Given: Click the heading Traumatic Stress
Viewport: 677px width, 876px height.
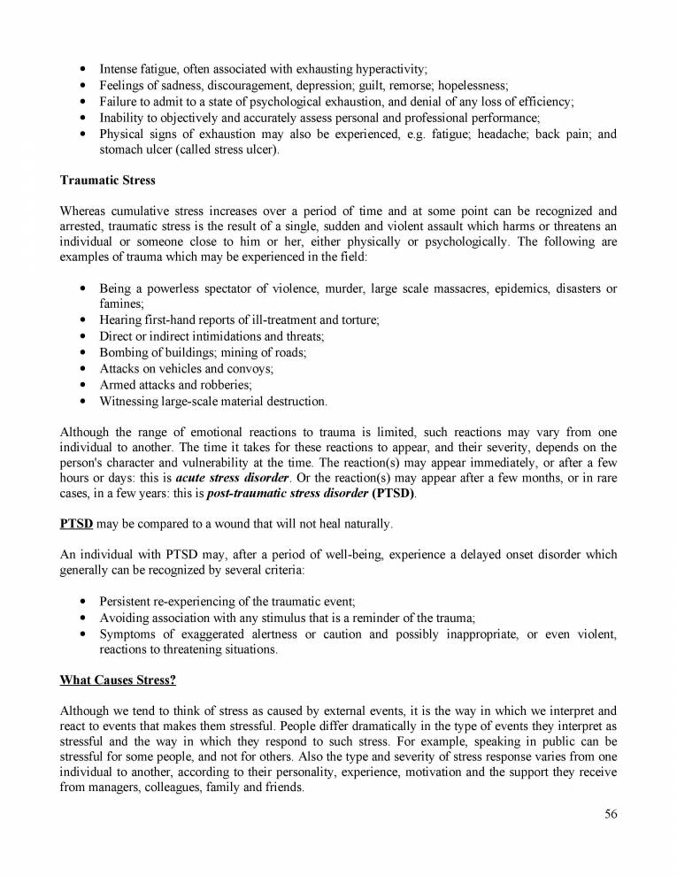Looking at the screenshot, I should (107, 181).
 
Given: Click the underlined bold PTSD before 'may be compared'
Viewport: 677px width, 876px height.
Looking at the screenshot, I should (76, 524).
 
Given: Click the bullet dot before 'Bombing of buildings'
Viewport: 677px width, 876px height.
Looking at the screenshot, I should (82, 353).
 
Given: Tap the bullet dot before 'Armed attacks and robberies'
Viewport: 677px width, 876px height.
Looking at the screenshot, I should (82, 385).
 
